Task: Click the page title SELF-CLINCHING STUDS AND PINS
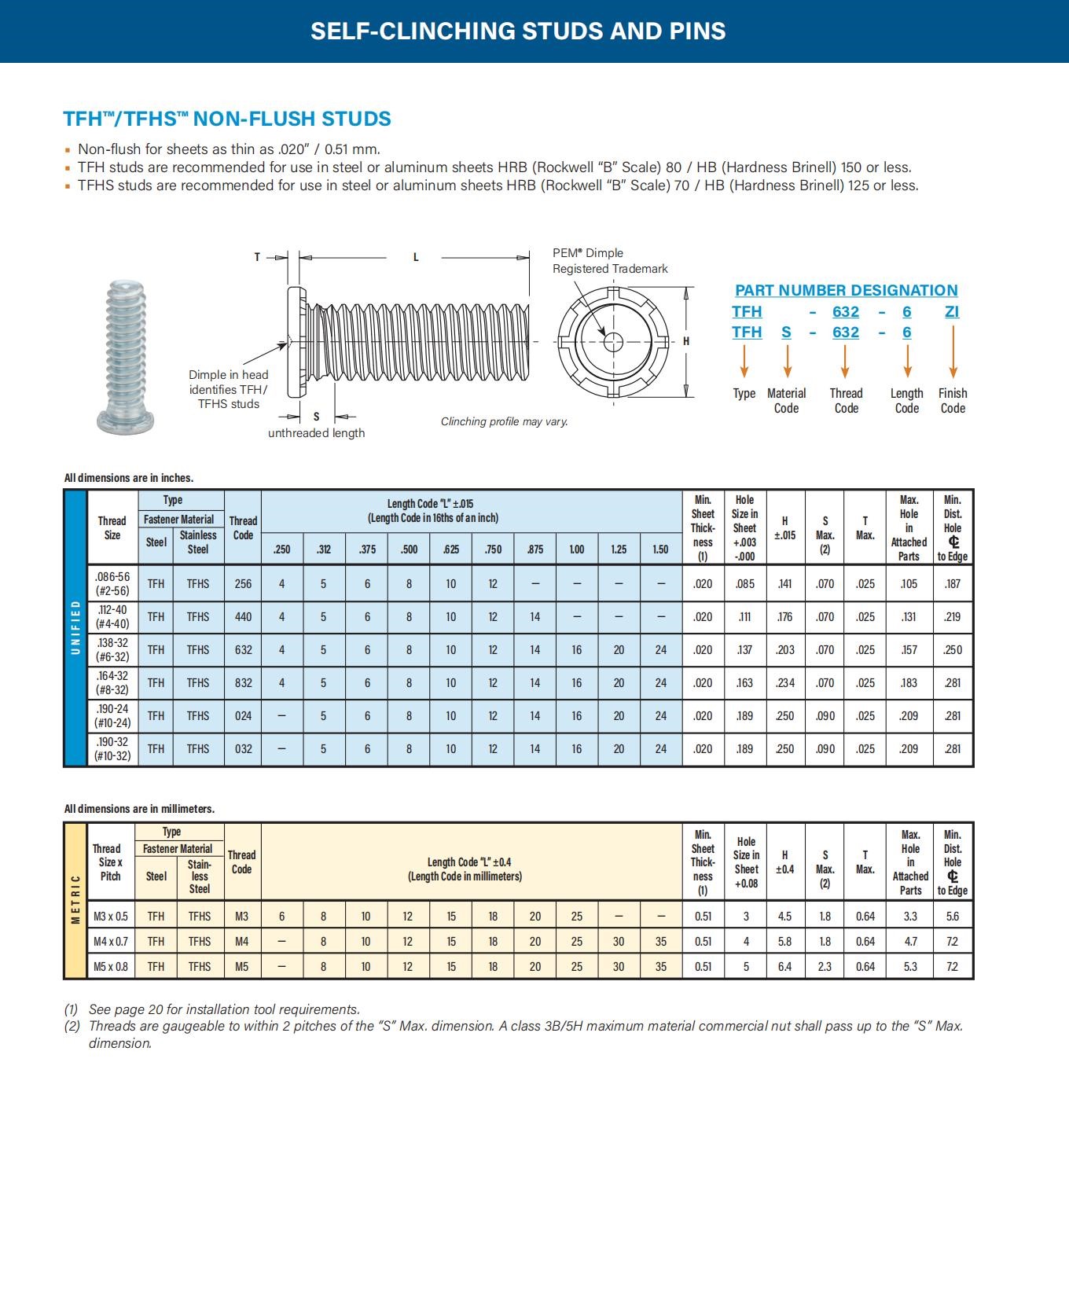coord(518,31)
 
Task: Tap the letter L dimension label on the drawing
coord(416,257)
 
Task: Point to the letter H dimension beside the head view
coord(686,341)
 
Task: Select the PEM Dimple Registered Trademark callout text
coord(609,261)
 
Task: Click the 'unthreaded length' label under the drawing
coord(316,433)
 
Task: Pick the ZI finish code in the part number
coord(952,311)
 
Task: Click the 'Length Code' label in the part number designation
coord(906,400)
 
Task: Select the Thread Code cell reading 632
coord(243,650)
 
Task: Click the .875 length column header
coord(534,549)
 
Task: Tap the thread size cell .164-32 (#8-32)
coord(112,683)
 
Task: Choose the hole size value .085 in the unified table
coord(744,584)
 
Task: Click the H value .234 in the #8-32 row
coord(784,683)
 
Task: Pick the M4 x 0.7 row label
coord(111,942)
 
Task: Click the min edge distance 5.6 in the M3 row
coord(952,917)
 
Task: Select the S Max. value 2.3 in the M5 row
coord(825,967)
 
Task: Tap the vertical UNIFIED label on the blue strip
coord(75,627)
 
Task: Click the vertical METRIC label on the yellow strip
coord(75,899)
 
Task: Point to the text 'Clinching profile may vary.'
coord(504,422)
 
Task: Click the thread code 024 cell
coord(243,716)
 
